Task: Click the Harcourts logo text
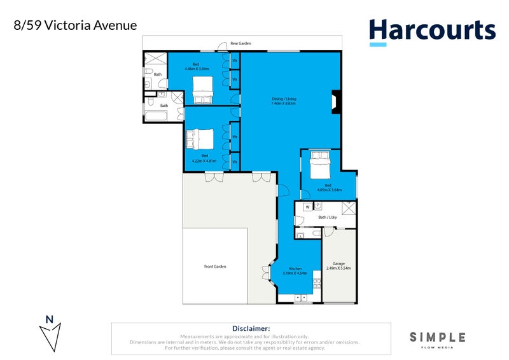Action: click(432, 29)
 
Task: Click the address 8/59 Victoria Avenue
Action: click(75, 26)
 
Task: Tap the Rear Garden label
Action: click(241, 44)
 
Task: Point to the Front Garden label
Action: click(215, 267)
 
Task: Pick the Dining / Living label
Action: click(284, 99)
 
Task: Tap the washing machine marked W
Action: click(307, 207)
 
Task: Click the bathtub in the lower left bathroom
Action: click(155, 116)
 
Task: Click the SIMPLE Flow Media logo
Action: click(437, 339)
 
